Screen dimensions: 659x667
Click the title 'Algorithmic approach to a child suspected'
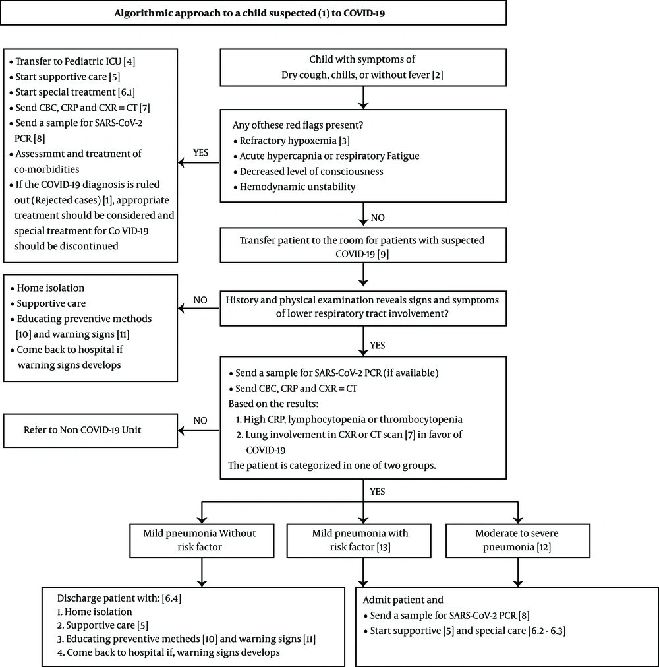tap(215, 13)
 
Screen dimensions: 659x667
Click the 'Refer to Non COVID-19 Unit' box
tap(90, 431)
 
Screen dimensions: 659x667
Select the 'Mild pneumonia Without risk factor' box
tap(202, 541)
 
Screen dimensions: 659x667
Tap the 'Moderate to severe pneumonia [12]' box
tap(518, 541)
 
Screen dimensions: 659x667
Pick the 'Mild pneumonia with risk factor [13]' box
tap(359, 541)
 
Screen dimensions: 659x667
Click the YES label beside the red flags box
tap(200, 152)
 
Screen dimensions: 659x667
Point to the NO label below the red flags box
tap(378, 218)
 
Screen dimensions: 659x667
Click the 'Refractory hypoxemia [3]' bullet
tap(291, 141)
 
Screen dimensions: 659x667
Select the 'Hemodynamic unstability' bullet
tap(294, 187)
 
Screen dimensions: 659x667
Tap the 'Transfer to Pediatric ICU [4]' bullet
tap(72, 61)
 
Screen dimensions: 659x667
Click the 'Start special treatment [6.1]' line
tap(72, 92)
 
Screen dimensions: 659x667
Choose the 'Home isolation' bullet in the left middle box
tap(47, 288)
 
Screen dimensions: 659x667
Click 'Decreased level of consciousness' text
tap(312, 172)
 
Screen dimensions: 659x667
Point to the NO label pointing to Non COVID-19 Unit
tap(200, 421)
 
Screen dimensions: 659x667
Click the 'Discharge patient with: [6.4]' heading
tap(119, 598)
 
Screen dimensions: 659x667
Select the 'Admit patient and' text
tap(403, 600)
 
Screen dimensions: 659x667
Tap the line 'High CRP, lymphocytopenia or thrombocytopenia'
tap(349, 420)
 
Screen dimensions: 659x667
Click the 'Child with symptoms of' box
tap(363, 68)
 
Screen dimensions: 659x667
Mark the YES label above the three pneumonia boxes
tap(378, 492)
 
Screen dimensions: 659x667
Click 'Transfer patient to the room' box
tap(363, 245)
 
